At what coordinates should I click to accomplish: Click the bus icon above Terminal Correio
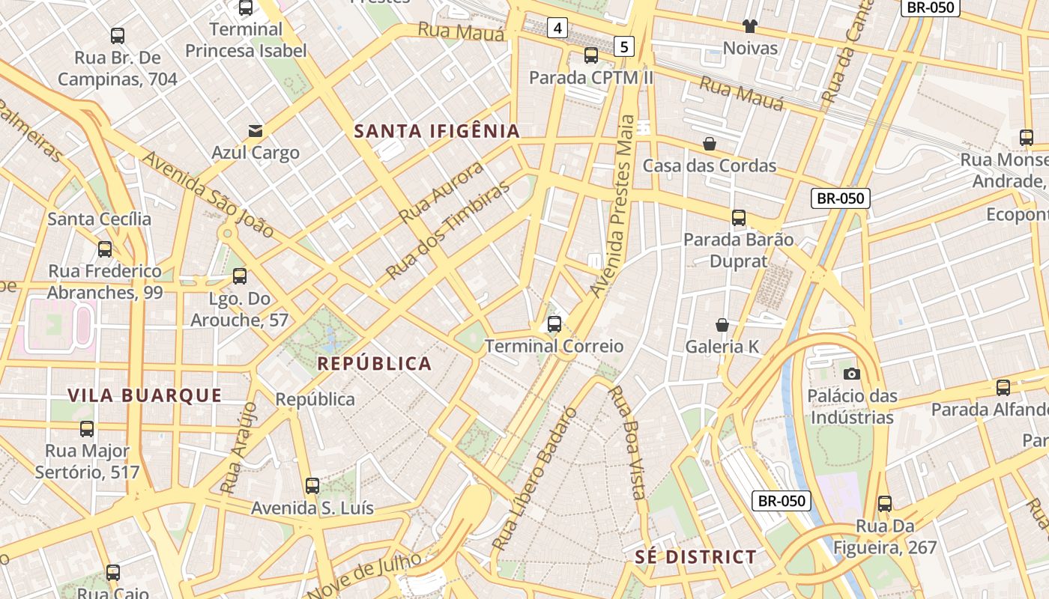coord(554,324)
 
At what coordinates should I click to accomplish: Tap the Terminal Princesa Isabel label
coord(246,40)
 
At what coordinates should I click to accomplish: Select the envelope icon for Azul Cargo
coord(256,131)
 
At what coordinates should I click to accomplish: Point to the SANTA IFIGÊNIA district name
coord(437,131)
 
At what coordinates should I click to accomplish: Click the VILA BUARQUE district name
coord(145,395)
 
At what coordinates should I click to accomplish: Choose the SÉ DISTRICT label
coord(695,557)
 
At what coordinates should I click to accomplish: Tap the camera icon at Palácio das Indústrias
coord(851,374)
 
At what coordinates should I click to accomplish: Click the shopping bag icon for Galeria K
coord(722,325)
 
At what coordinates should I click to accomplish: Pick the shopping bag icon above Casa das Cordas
coord(710,143)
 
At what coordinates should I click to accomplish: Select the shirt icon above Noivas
coord(750,26)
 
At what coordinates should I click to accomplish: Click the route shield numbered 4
coord(557,28)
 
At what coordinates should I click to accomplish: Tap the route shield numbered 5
coord(623,47)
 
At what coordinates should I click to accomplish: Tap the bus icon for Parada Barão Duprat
coord(739,218)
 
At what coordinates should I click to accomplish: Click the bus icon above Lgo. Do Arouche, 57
coord(240,276)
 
